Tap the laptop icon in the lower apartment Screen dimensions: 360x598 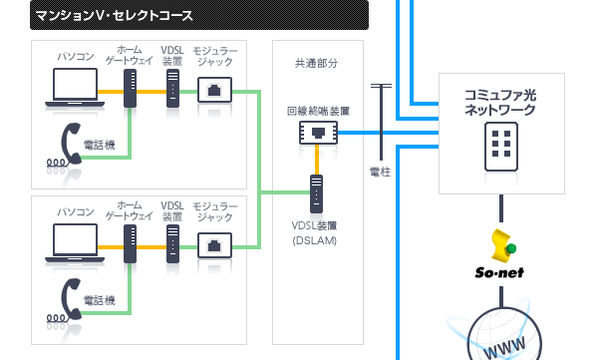(x=75, y=242)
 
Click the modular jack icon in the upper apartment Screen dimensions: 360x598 (x=215, y=92)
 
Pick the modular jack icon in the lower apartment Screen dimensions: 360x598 (x=215, y=243)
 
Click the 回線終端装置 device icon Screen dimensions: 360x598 (x=317, y=131)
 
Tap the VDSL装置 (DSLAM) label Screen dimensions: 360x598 (x=316, y=232)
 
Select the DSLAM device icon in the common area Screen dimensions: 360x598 (x=317, y=191)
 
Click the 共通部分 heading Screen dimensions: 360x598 (x=316, y=63)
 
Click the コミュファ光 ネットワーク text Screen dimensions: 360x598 (x=500, y=102)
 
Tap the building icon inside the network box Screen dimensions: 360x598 (x=500, y=148)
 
